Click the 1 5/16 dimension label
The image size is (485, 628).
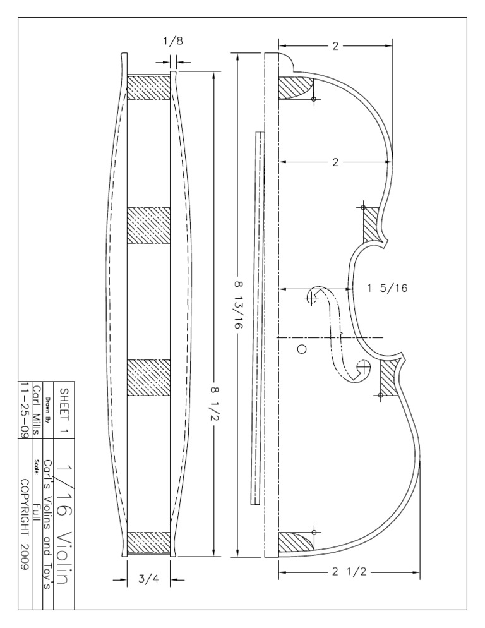click(388, 288)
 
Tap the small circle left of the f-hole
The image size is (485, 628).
click(302, 349)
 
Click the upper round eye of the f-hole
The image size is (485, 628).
click(312, 296)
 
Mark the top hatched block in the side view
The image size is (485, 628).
click(149, 87)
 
